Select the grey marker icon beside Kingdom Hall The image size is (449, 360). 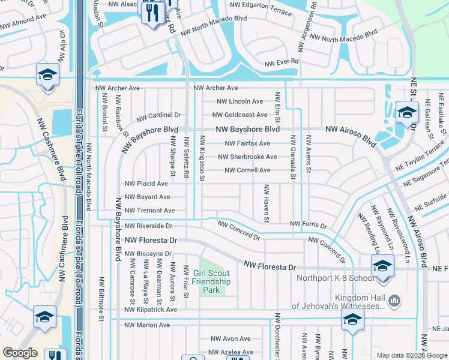(394, 300)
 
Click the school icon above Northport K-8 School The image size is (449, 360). (382, 265)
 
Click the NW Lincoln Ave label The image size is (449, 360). (237, 101)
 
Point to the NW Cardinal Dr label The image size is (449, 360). (158, 115)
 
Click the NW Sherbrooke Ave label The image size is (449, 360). (247, 157)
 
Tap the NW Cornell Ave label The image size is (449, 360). (247, 170)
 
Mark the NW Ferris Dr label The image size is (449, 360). (308, 225)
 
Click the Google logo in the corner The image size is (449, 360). (20, 353)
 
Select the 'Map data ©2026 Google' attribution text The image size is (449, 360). (411, 355)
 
